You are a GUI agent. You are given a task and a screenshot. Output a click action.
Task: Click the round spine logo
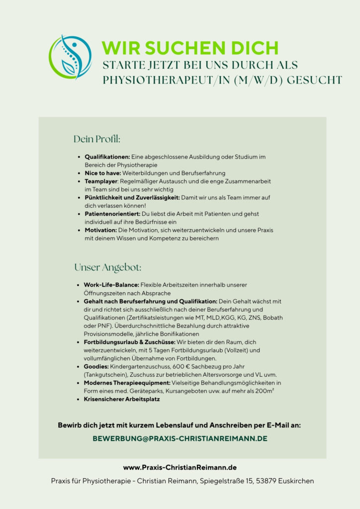(x=71, y=59)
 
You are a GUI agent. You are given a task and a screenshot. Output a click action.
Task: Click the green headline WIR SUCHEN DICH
(x=189, y=48)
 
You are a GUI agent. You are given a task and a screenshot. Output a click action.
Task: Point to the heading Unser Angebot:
(x=108, y=267)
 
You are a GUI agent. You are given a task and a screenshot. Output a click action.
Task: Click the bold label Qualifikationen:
(x=107, y=157)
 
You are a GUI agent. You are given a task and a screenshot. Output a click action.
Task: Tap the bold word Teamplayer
(x=100, y=181)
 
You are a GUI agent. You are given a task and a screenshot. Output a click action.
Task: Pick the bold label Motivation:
(x=100, y=230)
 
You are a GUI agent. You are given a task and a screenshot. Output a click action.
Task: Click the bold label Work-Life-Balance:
(x=111, y=285)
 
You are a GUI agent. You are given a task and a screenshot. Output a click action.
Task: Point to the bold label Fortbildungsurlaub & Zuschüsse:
(x=129, y=342)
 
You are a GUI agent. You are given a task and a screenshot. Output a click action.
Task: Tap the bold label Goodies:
(x=96, y=366)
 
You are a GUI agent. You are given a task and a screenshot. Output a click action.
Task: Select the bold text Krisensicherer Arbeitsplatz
(x=122, y=399)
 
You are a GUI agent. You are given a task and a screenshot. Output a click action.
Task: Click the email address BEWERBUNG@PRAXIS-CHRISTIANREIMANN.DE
(x=180, y=439)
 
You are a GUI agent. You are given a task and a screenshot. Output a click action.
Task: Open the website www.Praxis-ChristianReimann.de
(x=180, y=467)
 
